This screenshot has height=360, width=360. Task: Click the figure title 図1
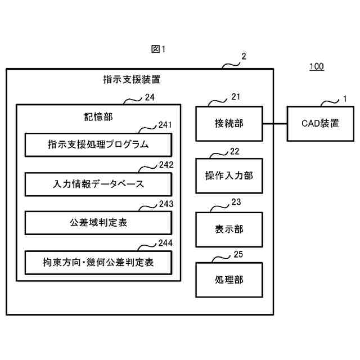(158, 49)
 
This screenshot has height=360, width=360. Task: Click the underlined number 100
(317, 66)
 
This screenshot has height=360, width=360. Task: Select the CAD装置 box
(321, 124)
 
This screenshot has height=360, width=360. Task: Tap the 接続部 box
(229, 124)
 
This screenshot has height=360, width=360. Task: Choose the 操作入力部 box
(229, 175)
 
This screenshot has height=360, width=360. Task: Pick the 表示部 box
(229, 229)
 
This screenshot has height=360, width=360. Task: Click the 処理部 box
(229, 280)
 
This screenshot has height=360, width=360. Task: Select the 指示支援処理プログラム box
(98, 145)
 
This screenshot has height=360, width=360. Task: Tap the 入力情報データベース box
(98, 184)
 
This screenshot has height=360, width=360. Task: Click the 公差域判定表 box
(98, 223)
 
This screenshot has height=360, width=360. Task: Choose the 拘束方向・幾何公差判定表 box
(98, 263)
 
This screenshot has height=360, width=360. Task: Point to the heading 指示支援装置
(132, 79)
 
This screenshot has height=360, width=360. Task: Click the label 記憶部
(98, 117)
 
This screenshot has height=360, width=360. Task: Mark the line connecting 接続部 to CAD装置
(275, 124)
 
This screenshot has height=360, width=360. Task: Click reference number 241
(165, 125)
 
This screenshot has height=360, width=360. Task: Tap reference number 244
(165, 243)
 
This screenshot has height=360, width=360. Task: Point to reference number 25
(238, 254)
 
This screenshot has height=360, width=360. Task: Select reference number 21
(236, 97)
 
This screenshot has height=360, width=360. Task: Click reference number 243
(166, 204)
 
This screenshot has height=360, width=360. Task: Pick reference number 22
(235, 151)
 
